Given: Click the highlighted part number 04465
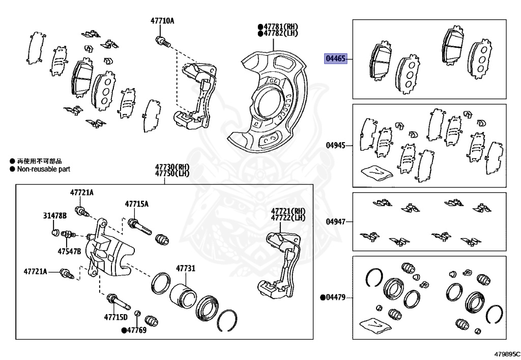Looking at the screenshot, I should click(x=335, y=59).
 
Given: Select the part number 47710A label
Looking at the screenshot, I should click(x=162, y=21).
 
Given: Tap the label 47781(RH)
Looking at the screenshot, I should click(x=279, y=25).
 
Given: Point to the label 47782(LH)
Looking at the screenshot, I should click(x=279, y=33).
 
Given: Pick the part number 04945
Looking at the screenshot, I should click(x=336, y=145).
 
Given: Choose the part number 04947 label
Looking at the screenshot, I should click(x=336, y=221).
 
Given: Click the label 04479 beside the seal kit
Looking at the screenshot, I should click(x=335, y=297).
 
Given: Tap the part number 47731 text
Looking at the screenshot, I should click(x=186, y=268).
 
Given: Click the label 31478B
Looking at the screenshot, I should click(x=54, y=216).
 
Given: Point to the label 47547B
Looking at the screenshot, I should click(x=69, y=251).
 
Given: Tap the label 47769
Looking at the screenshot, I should click(x=136, y=330).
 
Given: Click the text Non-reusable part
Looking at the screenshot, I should click(x=43, y=169).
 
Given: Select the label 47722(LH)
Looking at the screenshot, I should click(x=288, y=218).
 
